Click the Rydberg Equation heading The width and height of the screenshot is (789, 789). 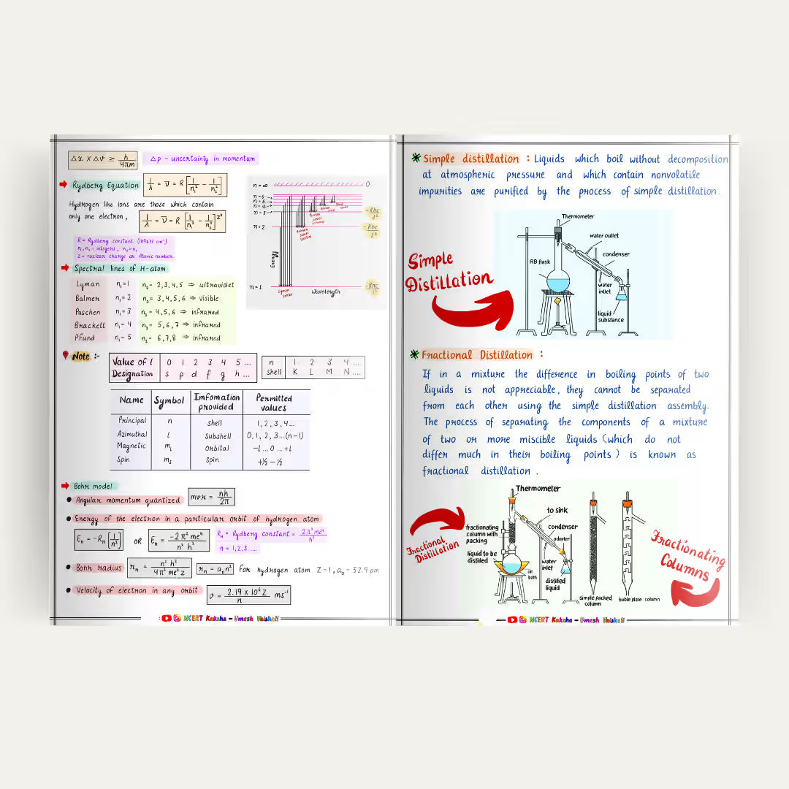point(106,186)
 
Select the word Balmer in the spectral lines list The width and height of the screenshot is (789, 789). point(88,298)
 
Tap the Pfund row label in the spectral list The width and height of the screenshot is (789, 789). point(85,338)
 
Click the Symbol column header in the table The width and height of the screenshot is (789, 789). point(169,401)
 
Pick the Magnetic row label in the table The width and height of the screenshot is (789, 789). point(131,446)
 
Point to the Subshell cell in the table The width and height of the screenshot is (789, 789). point(218,435)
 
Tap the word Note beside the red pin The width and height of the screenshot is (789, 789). point(81,357)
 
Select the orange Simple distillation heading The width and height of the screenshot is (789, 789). point(470,159)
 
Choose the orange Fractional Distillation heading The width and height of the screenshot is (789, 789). point(476,355)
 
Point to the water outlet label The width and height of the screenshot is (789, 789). point(605,236)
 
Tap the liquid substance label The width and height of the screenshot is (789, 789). point(611,316)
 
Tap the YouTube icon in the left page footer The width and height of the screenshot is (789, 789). point(167,618)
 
